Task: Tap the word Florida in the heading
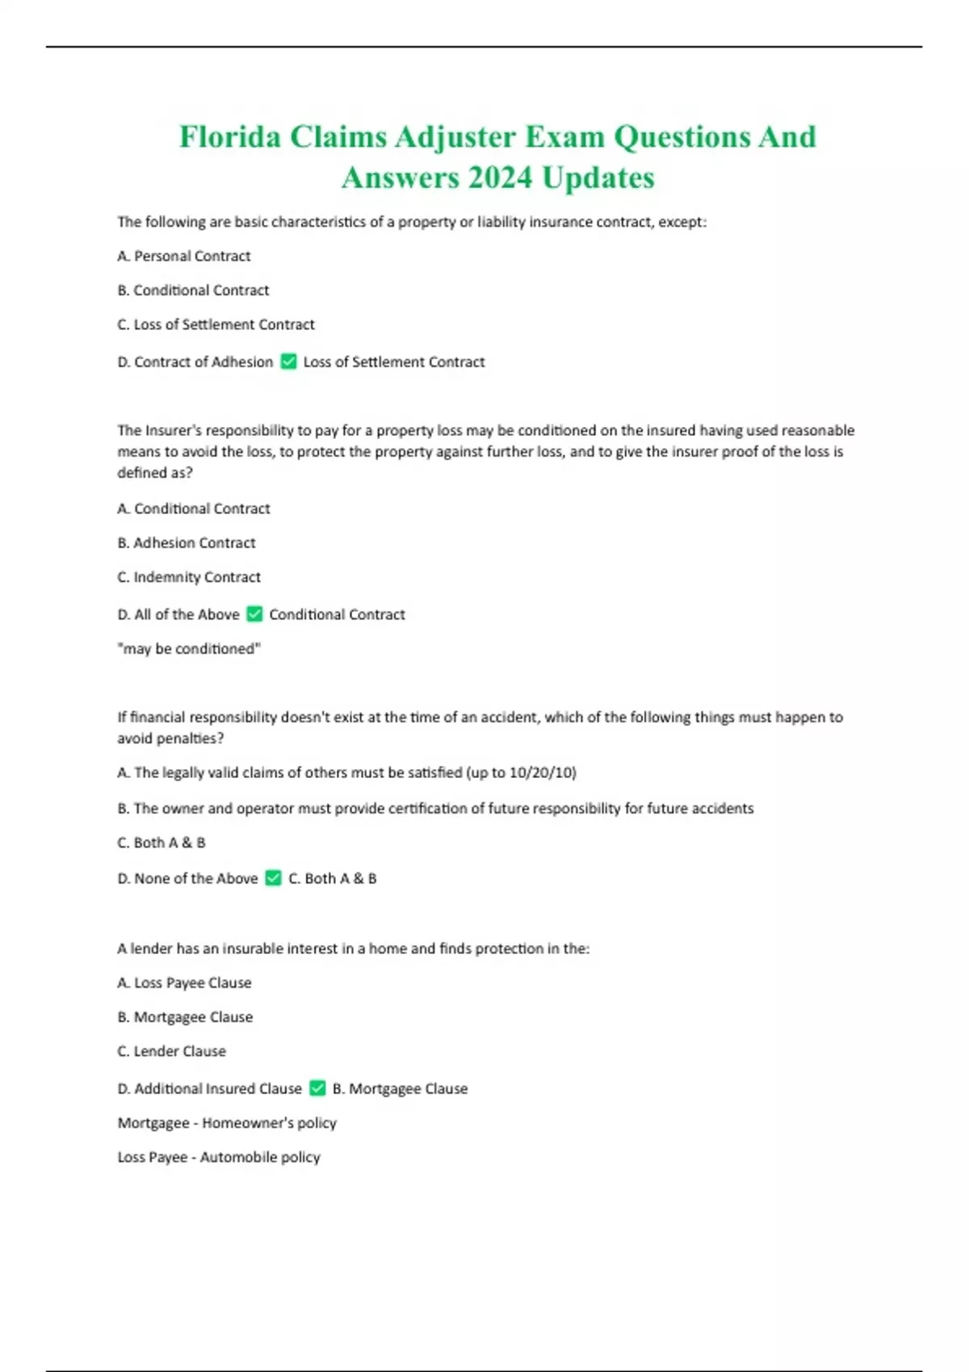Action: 229,136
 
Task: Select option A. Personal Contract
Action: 184,256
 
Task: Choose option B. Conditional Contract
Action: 193,290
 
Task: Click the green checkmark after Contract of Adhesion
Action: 288,362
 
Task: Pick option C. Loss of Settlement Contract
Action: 216,324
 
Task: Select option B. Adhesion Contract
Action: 187,543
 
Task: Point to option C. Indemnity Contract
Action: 189,577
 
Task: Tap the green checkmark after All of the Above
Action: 254,614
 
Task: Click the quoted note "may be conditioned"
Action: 189,649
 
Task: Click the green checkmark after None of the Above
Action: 273,878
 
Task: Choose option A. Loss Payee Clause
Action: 184,983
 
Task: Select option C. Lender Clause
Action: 171,1052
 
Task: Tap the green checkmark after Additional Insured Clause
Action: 317,1089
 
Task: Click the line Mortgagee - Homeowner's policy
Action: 227,1123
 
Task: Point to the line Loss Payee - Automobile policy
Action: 219,1157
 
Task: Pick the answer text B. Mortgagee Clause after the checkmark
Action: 400,1089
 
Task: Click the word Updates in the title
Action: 598,178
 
